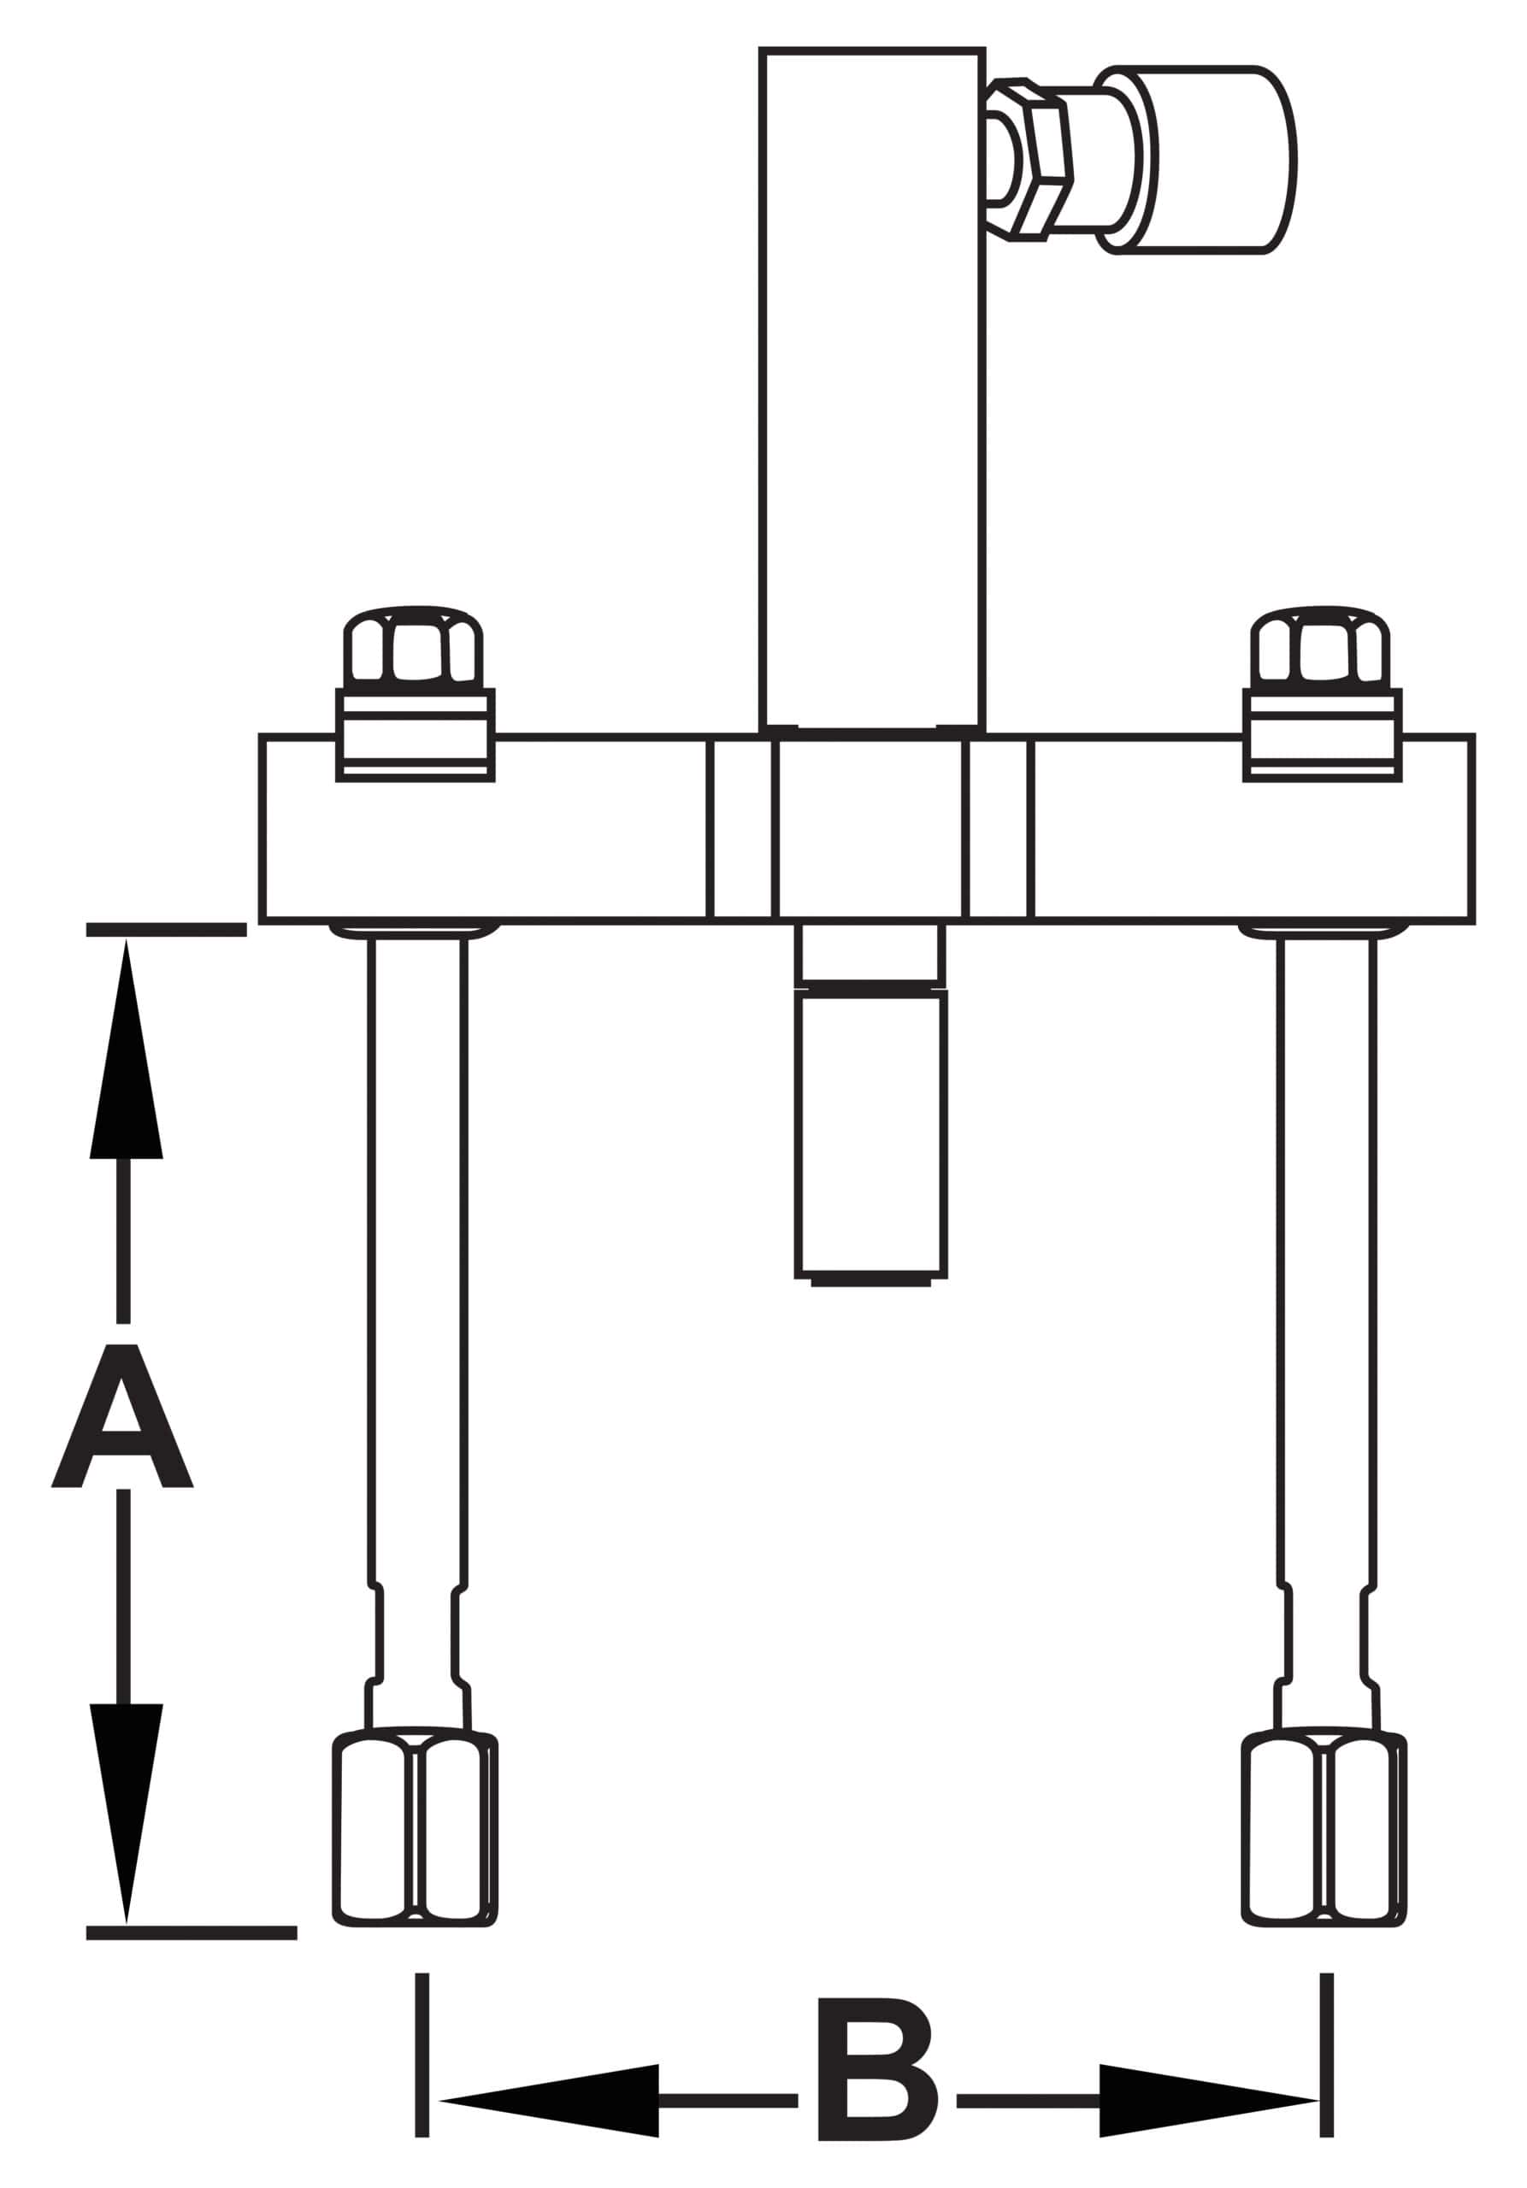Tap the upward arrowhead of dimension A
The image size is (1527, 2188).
[x=126, y=1048]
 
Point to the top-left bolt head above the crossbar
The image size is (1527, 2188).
[x=414, y=645]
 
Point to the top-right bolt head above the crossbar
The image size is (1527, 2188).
[x=1321, y=645]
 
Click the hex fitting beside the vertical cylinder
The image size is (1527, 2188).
[x=1031, y=159]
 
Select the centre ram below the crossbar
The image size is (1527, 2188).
[x=871, y=1104]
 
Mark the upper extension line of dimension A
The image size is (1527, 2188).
[x=166, y=929]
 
